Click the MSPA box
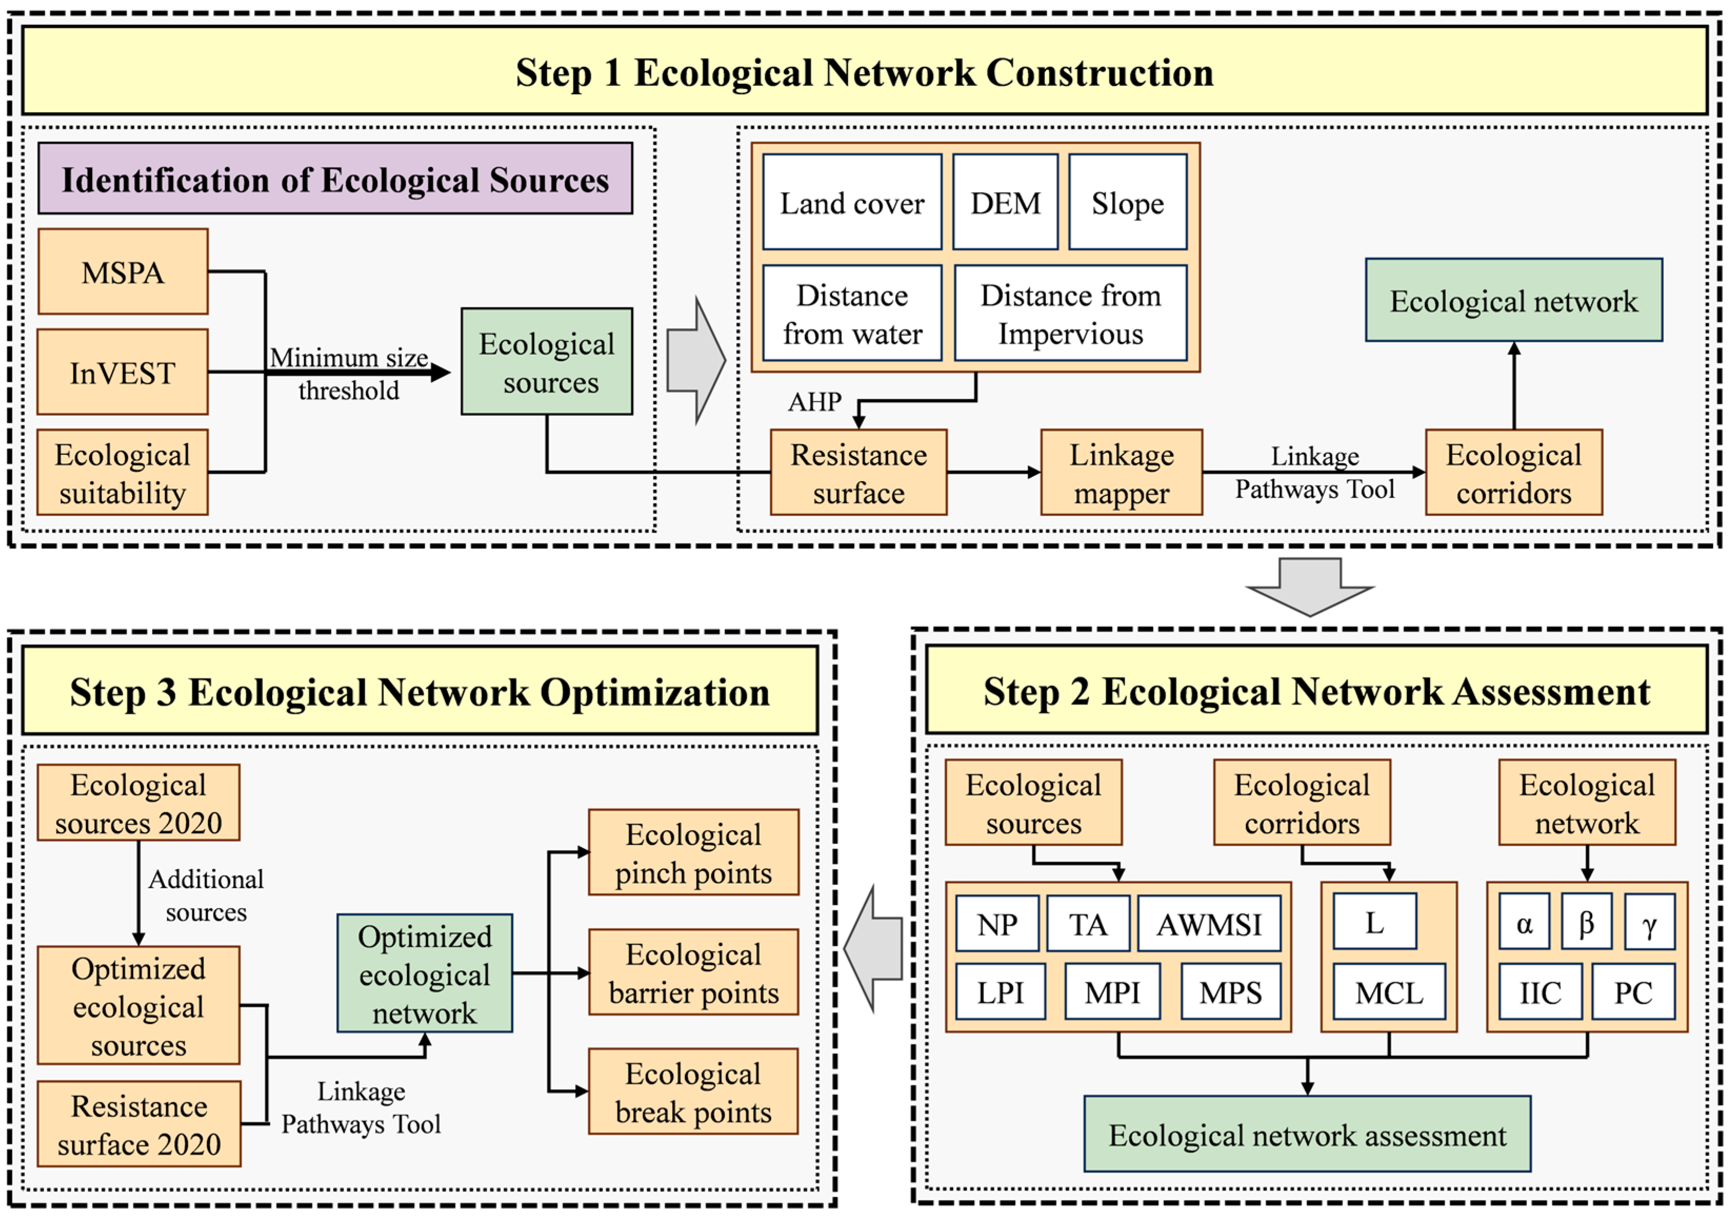pos(123,272)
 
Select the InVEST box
pos(123,372)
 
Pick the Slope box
pos(1128,202)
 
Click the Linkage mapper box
pos(1122,472)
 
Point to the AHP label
pos(815,401)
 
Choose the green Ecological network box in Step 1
pos(1514,300)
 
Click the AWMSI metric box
pos(1209,923)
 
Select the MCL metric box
pos(1389,992)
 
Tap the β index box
pos(1586,922)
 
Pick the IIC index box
pos(1540,992)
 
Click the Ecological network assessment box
pos(1307,1134)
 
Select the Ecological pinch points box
pos(693,852)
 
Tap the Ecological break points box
pos(693,1092)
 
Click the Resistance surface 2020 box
pos(139,1124)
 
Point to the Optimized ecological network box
pos(425,973)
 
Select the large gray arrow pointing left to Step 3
pos(874,949)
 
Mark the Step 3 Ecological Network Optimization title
pos(420,691)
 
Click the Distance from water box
pos(853,313)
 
